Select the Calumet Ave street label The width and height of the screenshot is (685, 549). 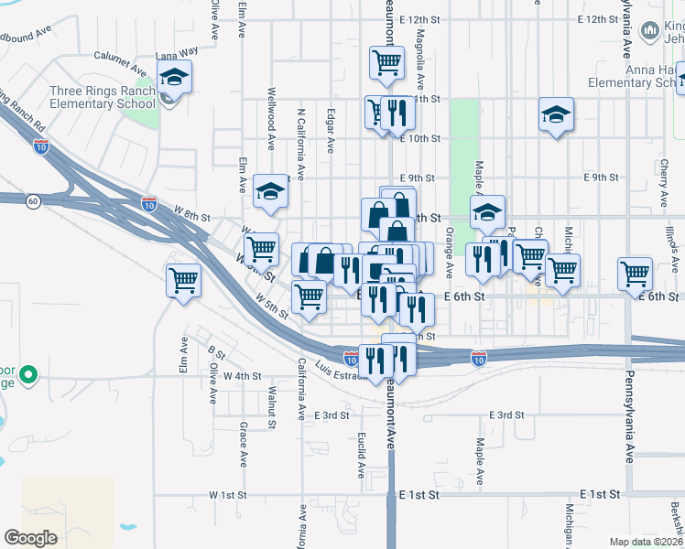tap(119, 67)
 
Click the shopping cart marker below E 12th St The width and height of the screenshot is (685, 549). tap(386, 63)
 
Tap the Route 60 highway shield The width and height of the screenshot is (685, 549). tap(33, 201)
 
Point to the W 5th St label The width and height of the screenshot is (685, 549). tap(272, 301)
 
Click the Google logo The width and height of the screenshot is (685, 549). tap(30, 538)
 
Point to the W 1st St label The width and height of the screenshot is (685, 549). tap(228, 495)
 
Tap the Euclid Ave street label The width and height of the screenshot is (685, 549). tap(363, 454)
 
